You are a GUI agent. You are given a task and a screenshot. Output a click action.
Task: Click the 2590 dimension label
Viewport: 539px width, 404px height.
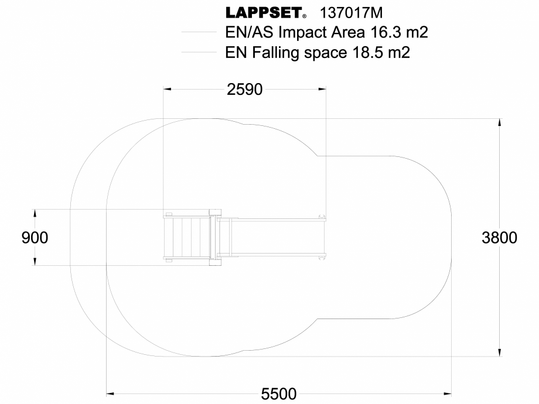244,89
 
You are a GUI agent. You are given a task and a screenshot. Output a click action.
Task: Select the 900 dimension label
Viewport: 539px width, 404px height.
35,238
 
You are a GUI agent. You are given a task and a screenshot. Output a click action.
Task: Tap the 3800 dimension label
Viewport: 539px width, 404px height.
499,238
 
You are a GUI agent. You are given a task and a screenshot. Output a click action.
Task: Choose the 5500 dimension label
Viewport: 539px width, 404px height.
279,394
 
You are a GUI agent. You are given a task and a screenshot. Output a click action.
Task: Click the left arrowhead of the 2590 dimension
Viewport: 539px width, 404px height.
168,89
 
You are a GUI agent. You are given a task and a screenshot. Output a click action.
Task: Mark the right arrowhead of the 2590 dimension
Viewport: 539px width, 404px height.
322,89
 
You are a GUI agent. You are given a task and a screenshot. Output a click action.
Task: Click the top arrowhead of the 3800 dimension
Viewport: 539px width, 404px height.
499,122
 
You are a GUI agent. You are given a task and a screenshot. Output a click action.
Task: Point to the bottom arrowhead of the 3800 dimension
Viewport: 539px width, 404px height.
499,352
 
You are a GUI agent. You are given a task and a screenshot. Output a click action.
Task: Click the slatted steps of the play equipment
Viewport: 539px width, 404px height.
187,237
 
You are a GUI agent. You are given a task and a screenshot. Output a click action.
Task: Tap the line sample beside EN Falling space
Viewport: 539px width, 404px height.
199,53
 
